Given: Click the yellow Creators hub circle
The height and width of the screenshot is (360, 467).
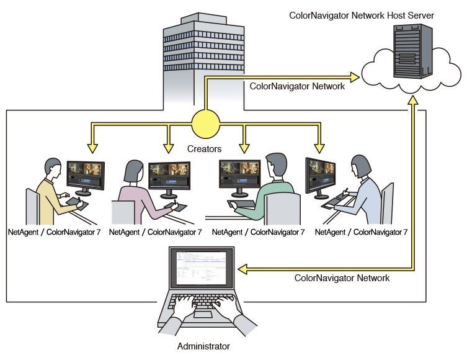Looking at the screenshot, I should [x=206, y=124].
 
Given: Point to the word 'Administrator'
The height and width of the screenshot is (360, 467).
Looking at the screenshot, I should [x=203, y=346].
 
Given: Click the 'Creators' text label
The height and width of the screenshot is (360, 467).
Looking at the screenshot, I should [x=205, y=149].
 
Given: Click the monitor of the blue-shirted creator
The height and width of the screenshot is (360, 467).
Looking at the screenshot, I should [x=320, y=174].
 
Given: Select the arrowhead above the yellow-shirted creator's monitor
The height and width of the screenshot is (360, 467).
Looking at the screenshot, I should [x=92, y=148].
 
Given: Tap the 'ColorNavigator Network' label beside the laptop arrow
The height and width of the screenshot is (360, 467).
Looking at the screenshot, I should [x=342, y=278].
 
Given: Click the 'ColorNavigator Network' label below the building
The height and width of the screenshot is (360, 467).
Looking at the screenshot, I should [x=297, y=86].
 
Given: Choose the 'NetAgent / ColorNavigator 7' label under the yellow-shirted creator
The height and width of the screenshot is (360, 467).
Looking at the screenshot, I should [x=53, y=232].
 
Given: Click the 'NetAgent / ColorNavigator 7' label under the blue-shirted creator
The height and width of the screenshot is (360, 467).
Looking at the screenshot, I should [x=361, y=232].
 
